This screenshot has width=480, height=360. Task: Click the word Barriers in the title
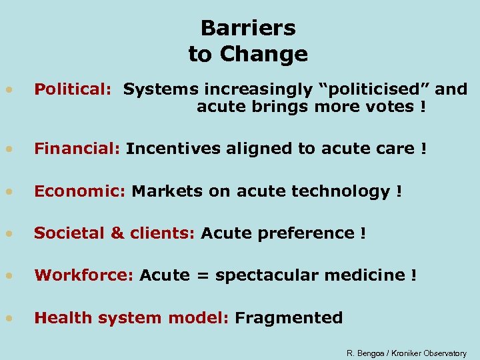click(x=248, y=28)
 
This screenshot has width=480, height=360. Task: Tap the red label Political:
click(x=73, y=89)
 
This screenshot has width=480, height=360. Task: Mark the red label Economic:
click(x=80, y=191)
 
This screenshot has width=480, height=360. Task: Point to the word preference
click(x=312, y=233)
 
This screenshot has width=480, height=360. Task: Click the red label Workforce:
click(x=84, y=275)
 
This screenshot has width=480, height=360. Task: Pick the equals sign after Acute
click(x=202, y=276)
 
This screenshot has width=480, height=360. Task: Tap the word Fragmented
click(x=289, y=318)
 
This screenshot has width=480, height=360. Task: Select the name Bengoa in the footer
click(x=371, y=353)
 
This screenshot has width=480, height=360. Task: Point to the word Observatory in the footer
click(x=445, y=353)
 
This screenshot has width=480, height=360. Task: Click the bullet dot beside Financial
click(x=9, y=149)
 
